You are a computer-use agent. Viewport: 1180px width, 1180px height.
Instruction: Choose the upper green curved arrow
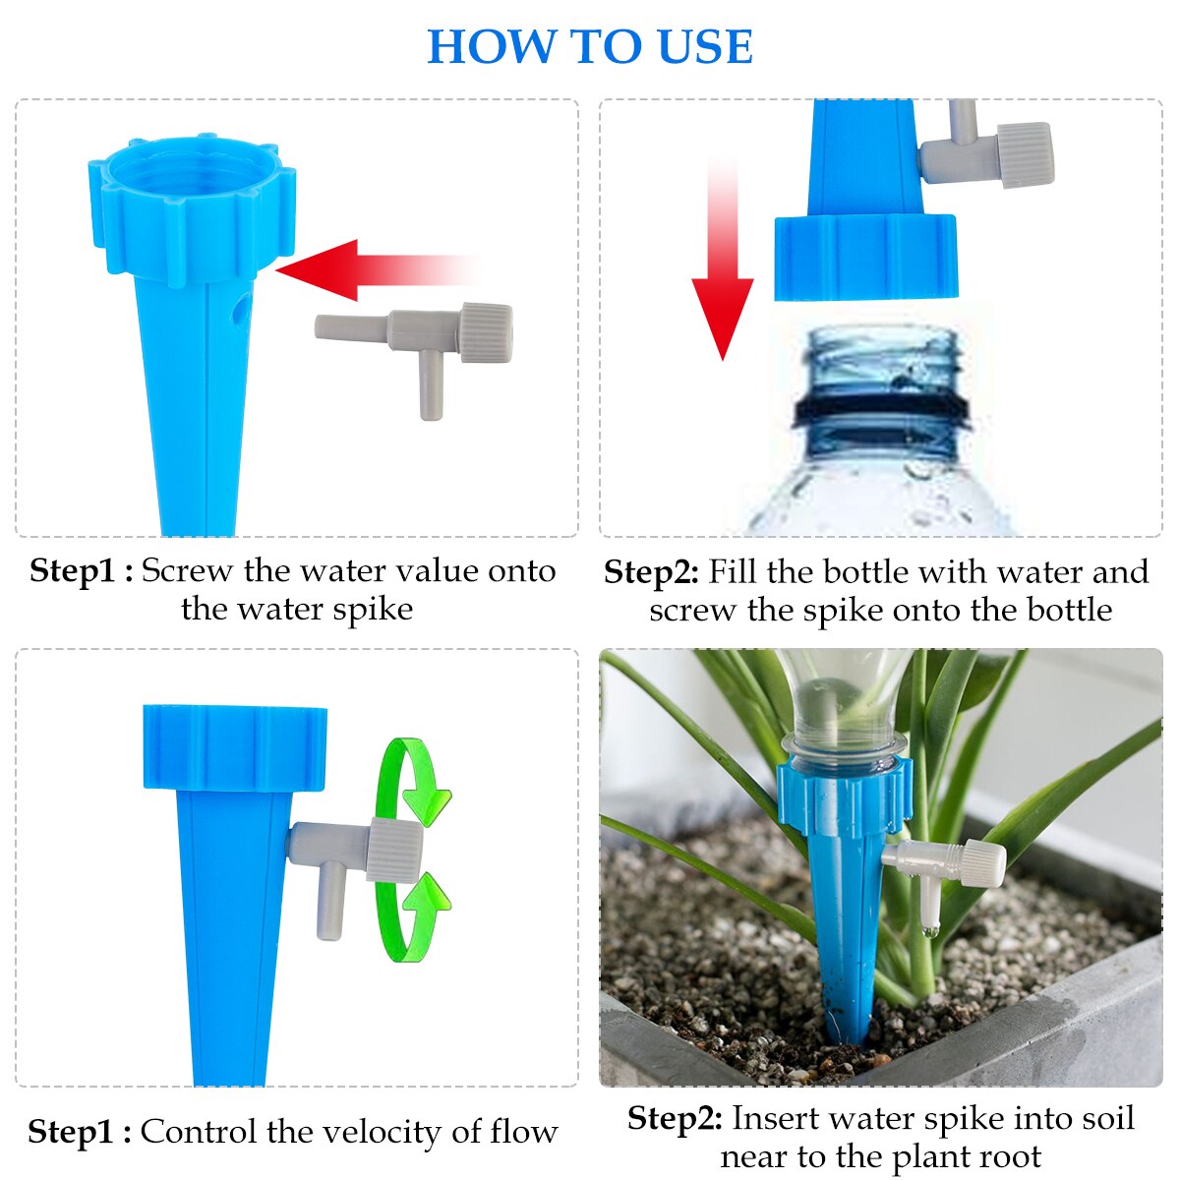tap(413, 777)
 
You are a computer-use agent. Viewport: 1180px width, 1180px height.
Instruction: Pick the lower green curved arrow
tap(413, 919)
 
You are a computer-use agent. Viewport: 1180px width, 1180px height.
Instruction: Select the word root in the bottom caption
tap(1010, 1156)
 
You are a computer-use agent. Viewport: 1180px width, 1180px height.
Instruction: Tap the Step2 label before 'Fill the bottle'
tap(651, 572)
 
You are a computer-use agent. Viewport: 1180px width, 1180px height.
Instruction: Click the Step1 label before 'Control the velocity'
tap(79, 1132)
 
